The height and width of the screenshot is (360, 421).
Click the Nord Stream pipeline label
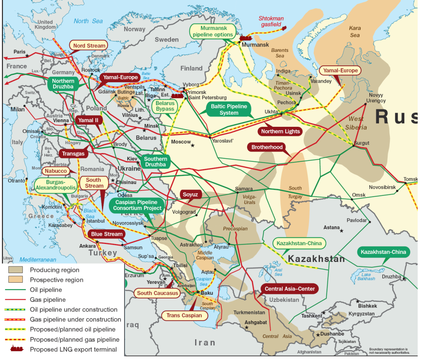pyautogui.click(x=88, y=45)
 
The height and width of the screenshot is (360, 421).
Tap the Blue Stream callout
pyautogui.click(x=107, y=234)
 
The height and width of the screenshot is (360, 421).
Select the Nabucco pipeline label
pyautogui.click(x=56, y=171)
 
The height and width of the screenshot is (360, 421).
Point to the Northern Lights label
pyautogui.click(x=280, y=131)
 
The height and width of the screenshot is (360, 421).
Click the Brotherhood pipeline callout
pyautogui.click(x=267, y=147)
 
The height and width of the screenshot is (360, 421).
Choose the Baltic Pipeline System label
pyautogui.click(x=229, y=109)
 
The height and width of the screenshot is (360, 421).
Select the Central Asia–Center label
pyautogui.click(x=290, y=288)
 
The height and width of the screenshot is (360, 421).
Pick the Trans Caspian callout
pyautogui.click(x=184, y=316)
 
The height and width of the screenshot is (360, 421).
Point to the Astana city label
pyautogui.click(x=332, y=227)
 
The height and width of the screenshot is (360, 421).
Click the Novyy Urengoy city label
pyautogui.click(x=376, y=98)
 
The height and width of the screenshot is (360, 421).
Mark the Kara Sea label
pyautogui.click(x=355, y=32)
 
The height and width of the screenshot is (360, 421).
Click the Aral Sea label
pyautogui.click(x=278, y=272)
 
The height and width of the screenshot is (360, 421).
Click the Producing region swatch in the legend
pyautogui.click(x=16, y=270)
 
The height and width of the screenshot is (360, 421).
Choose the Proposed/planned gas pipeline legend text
pyautogui.click(x=74, y=340)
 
